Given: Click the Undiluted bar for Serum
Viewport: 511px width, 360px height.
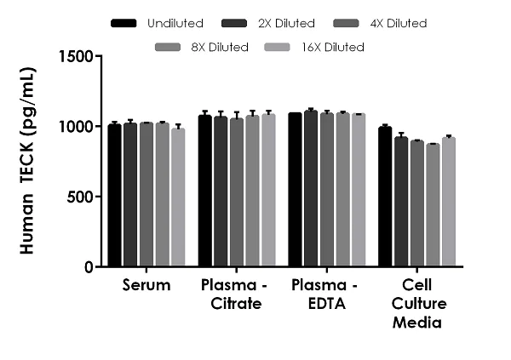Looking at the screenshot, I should (114, 196).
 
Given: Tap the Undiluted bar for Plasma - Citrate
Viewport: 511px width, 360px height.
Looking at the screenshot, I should (205, 191).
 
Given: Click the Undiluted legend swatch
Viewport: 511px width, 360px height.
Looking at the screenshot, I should (124, 23).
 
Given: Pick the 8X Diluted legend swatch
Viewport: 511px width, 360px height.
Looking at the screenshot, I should (169, 47).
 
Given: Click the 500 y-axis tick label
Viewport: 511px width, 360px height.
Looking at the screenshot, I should (81, 197).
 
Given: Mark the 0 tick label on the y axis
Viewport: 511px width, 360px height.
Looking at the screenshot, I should (89, 267).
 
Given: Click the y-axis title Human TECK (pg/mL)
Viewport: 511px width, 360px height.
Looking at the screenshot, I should (27, 162).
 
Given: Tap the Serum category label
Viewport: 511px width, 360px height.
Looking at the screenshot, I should (146, 285).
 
